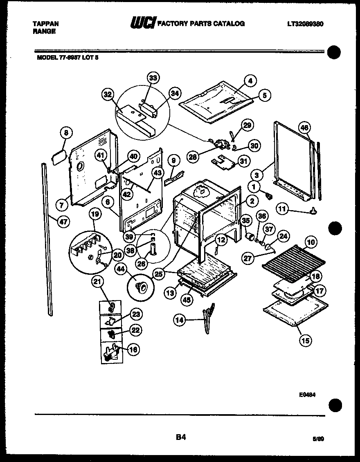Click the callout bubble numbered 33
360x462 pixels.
click(153, 78)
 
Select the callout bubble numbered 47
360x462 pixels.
click(63, 222)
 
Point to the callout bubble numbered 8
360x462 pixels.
click(65, 132)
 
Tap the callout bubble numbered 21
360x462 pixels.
click(99, 281)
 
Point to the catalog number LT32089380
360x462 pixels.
click(305, 24)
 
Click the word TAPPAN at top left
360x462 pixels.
click(45, 24)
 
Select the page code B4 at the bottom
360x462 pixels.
click(181, 437)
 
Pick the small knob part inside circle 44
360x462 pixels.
click(142, 288)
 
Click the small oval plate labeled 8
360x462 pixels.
click(58, 156)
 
